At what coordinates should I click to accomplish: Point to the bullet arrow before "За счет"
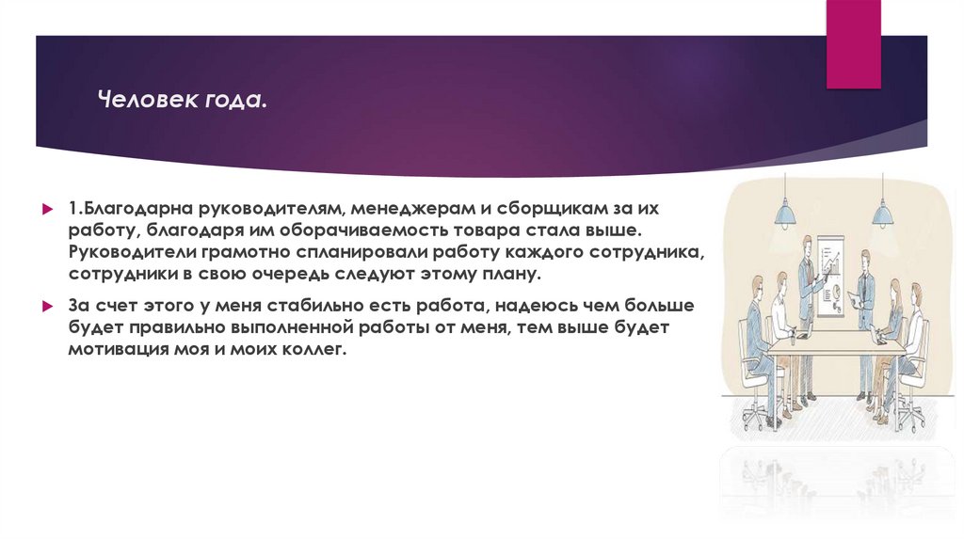point(46,307)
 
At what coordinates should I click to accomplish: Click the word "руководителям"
point(266,205)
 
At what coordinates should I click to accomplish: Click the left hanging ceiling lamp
point(784,214)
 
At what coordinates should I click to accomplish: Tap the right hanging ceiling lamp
point(882,214)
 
